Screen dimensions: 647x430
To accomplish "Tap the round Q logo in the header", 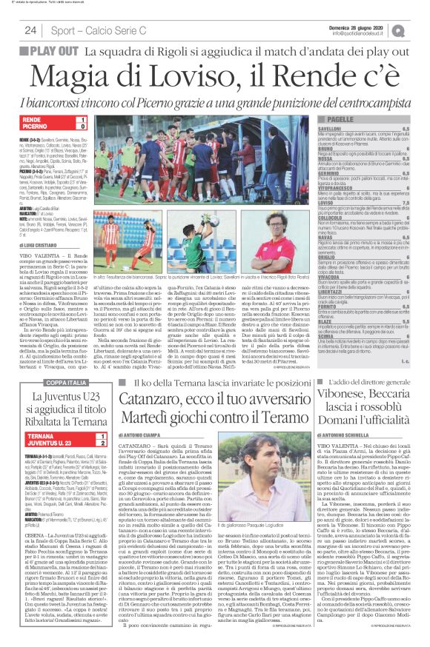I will pos(420,30).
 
